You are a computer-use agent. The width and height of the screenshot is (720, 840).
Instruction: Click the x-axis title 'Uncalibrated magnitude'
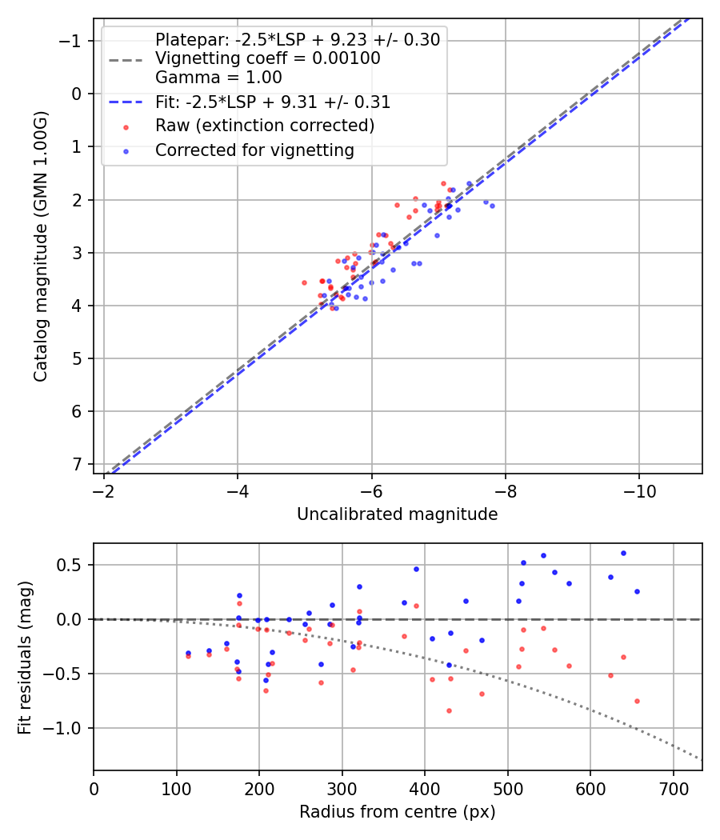tap(397, 514)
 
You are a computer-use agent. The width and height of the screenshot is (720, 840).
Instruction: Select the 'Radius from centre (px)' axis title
tap(397, 812)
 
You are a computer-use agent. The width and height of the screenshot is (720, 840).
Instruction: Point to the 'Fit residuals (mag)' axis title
tap(25, 657)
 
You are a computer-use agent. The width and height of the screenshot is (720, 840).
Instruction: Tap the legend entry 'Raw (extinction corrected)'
tap(265, 126)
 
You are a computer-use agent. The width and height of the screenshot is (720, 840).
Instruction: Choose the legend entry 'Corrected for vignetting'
tap(254, 150)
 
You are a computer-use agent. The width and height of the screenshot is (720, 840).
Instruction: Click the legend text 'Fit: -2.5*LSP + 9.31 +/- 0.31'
tap(273, 102)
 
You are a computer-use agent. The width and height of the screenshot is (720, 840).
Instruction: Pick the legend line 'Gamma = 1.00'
tap(218, 78)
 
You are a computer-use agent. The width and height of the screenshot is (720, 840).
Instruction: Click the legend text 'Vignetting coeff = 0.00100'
tap(267, 58)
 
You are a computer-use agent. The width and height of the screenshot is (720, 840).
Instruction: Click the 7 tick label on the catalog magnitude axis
tap(76, 465)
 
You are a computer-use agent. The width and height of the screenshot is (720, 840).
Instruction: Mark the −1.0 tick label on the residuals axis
tap(69, 728)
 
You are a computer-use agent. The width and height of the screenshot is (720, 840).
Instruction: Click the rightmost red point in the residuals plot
tap(637, 701)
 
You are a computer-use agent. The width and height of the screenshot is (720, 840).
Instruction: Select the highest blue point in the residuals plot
tap(623, 553)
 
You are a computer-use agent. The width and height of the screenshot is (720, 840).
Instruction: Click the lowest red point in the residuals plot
tap(449, 710)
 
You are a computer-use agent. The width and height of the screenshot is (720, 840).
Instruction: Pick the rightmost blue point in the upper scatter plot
tap(492, 206)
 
